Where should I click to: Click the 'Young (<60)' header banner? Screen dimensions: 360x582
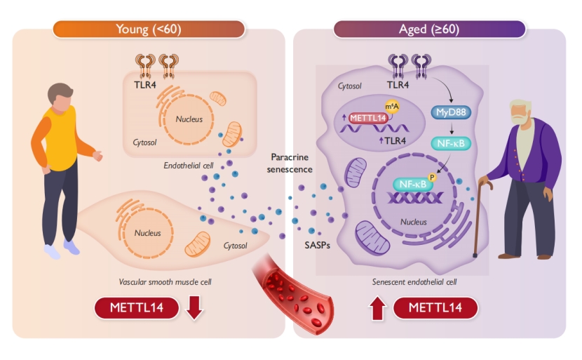(148, 29)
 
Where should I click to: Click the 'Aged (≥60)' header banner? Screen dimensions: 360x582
(429, 29)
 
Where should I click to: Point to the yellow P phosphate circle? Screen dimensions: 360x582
(431, 178)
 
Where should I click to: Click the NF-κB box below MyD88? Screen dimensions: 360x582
(449, 142)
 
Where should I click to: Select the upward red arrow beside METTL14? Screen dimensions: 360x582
(377, 308)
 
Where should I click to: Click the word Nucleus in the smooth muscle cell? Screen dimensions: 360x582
(147, 233)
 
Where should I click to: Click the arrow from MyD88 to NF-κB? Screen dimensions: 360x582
(449, 127)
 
